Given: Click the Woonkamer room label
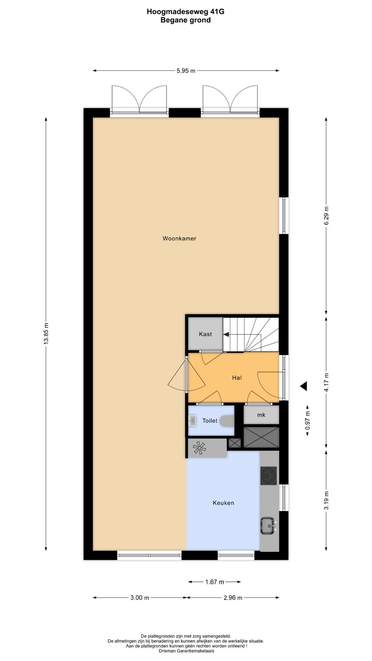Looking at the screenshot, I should pos(179,238).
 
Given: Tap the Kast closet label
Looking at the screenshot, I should pos(205,334).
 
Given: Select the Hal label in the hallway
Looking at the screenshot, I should pos(237,378).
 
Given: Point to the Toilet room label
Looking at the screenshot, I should pos(210,421).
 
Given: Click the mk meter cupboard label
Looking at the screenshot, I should pos(261,415).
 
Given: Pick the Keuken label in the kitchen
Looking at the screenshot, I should pos(223,503).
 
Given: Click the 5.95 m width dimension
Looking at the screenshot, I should pos(186,71).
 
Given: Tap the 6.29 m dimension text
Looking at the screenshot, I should pos(326,216).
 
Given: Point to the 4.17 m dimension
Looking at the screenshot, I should pos(326,382).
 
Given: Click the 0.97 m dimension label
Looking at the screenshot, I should pos(308,420).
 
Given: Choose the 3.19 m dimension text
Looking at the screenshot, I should pos(326,501).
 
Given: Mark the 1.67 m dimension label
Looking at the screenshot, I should pos(215,582).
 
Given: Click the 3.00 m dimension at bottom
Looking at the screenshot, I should pos(139,598).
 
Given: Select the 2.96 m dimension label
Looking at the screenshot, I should pos(232,598).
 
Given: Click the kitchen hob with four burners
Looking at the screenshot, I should pos(269,476).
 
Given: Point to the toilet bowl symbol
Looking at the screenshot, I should pos(227,421).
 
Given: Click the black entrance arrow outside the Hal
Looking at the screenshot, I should pos(303,386).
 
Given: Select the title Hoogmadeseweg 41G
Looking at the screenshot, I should pos(185,12).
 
